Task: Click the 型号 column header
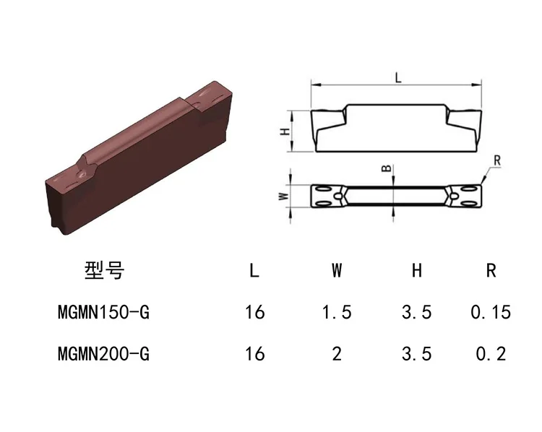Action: pos(104,270)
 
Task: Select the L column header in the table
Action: pos(254,270)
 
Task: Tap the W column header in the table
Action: pos(337,270)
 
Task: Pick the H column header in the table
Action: pos(417,270)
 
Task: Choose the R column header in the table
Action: pos(491,270)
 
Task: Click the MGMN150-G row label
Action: pos(103,312)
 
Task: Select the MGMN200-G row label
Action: pos(103,354)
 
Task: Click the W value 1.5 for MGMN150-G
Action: pos(337,312)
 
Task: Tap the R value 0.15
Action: pos(491,312)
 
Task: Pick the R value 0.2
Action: pos(491,354)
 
